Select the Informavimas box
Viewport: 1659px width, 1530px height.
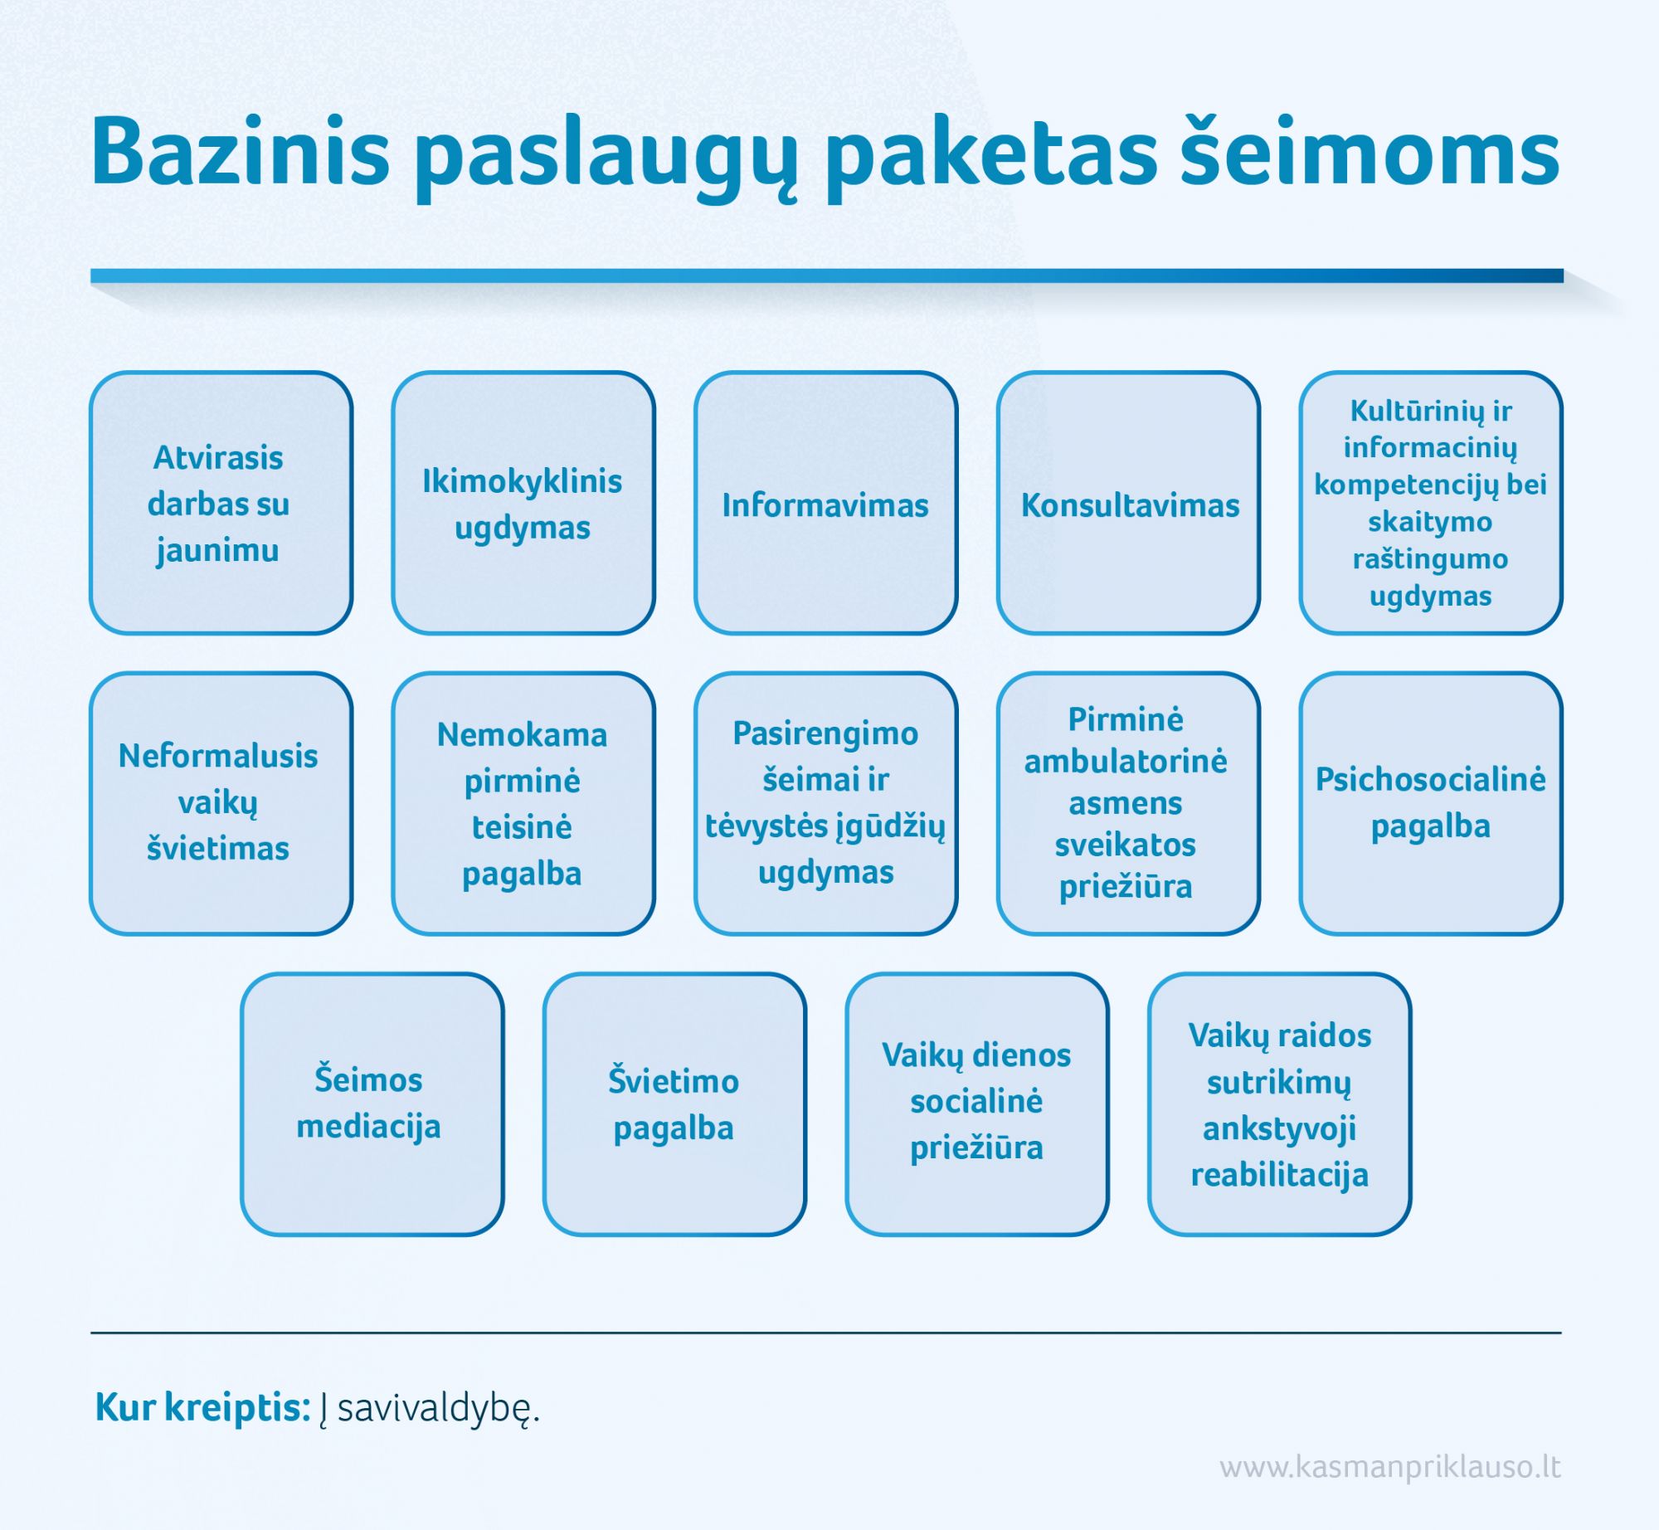(x=825, y=503)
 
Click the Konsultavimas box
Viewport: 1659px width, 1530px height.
(x=1128, y=503)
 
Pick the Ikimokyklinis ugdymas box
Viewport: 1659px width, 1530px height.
(x=523, y=503)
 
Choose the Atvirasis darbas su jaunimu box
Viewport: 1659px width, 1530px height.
(x=221, y=503)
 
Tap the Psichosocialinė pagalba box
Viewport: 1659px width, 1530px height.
(x=1431, y=803)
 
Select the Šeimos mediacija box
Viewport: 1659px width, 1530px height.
(x=372, y=1104)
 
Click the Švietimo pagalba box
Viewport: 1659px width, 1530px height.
(x=674, y=1104)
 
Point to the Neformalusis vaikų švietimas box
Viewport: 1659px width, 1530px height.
(x=221, y=803)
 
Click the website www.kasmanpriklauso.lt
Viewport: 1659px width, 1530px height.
(x=1390, y=1468)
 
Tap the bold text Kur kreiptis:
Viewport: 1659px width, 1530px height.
(x=203, y=1407)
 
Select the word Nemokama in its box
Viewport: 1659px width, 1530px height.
(x=523, y=734)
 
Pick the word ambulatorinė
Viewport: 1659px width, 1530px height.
(x=1126, y=761)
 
